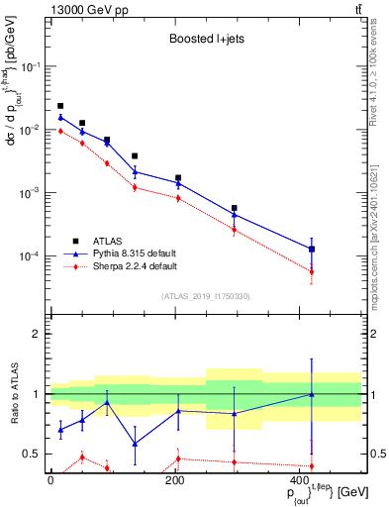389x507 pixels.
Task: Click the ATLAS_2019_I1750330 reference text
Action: [x=205, y=296]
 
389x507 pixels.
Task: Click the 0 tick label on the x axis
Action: [x=49, y=480]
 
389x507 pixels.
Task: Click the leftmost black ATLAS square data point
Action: [x=60, y=106]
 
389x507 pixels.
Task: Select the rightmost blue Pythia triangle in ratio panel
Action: [x=312, y=394]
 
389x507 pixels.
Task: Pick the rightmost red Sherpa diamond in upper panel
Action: [x=312, y=271]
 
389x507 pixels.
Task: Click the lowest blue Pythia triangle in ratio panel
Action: [x=135, y=444]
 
